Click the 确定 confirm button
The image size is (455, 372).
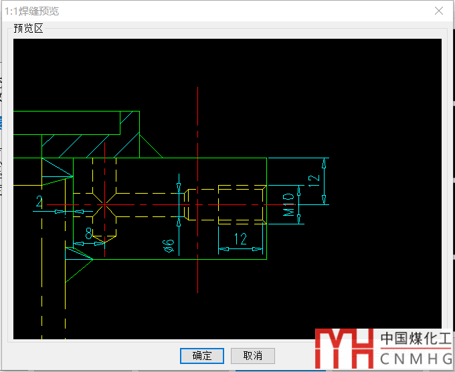click(202, 356)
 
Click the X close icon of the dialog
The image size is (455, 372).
click(439, 11)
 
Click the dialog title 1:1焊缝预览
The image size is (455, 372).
click(32, 11)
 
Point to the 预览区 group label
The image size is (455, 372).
click(28, 29)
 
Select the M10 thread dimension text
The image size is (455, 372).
click(288, 205)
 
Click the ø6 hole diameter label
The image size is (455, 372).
click(169, 246)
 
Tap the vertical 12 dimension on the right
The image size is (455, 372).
click(314, 181)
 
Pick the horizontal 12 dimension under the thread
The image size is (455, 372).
click(241, 239)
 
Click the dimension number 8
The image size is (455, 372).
click(89, 233)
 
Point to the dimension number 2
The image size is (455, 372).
click(39, 201)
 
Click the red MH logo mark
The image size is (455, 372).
click(344, 349)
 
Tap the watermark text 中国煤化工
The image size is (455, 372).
click(416, 338)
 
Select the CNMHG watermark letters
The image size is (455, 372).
click(416, 359)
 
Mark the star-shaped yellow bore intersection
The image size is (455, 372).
click(105, 205)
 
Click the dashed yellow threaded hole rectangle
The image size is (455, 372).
click(242, 205)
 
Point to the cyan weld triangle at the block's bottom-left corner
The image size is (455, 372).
click(79, 254)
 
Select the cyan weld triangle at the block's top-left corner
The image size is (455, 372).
click(58, 167)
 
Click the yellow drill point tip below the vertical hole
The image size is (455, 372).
click(105, 242)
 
